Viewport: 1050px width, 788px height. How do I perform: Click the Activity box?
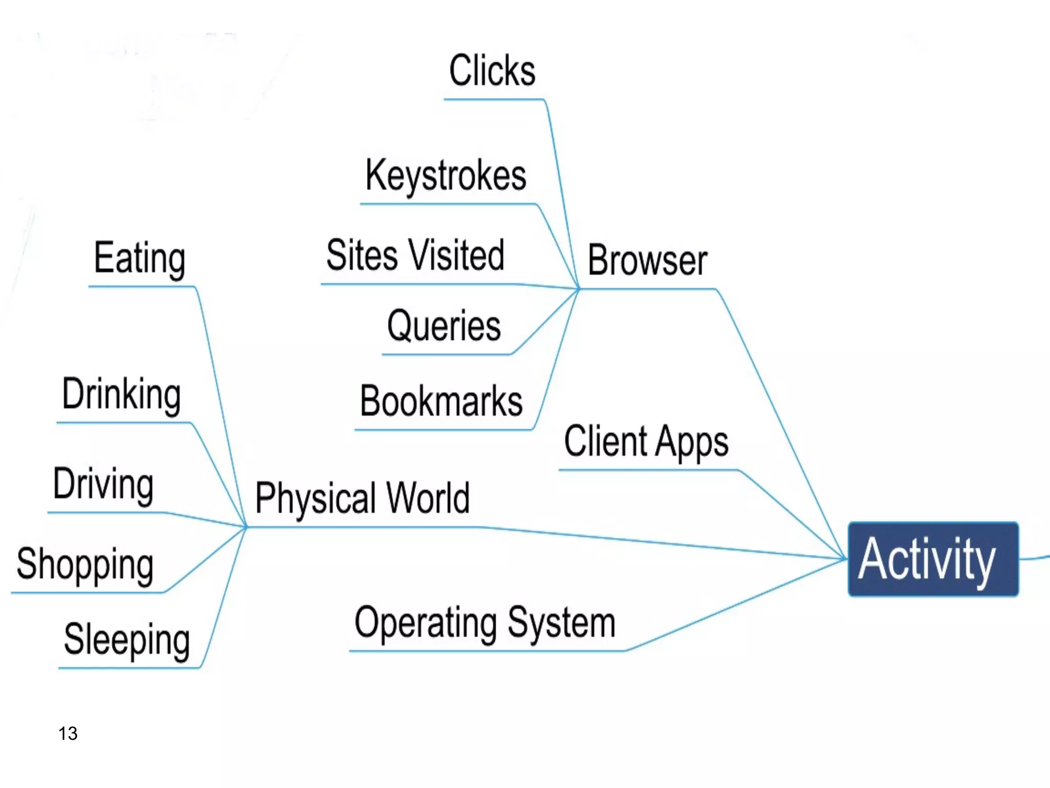(933, 559)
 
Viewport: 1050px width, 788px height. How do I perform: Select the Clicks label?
(492, 71)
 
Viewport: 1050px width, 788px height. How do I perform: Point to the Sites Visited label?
(415, 255)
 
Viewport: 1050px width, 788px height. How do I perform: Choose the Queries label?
(444, 326)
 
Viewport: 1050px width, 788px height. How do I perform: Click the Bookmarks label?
(441, 401)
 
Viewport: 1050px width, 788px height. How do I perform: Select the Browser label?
(647, 261)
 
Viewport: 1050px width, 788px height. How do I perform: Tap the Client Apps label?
(646, 441)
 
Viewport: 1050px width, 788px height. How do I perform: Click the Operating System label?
(484, 623)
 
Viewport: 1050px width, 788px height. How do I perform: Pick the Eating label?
(139, 258)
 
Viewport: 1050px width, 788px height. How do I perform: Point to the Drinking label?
(122, 395)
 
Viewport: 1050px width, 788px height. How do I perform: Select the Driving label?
(104, 484)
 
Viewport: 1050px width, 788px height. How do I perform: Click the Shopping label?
(85, 564)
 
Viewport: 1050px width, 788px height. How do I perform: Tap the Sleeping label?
(127, 640)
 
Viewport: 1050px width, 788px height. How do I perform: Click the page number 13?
(68, 734)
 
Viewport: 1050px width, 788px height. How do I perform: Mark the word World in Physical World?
(428, 498)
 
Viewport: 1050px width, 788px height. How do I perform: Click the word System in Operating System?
(561, 623)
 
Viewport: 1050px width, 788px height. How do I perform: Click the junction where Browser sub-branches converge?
(579, 289)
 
